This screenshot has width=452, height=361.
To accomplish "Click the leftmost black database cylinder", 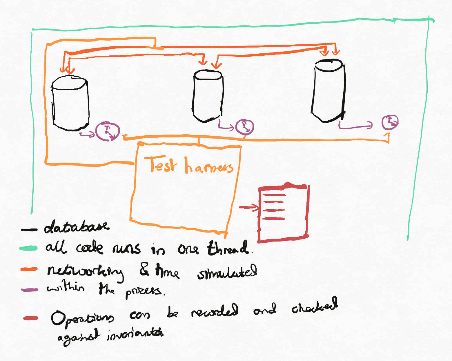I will [x=70, y=103].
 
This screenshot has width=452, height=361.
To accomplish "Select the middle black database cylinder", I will [x=208, y=96].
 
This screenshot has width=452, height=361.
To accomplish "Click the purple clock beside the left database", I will [x=108, y=131].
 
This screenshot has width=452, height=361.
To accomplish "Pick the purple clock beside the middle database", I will [x=244, y=127].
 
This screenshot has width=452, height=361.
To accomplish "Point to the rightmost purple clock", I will [x=390, y=122].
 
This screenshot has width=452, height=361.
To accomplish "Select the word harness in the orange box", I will [x=209, y=166].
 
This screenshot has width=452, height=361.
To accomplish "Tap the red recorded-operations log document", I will [x=283, y=213].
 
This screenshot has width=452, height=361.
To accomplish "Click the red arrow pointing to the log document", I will [x=248, y=207].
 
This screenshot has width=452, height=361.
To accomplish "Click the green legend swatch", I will [x=28, y=248].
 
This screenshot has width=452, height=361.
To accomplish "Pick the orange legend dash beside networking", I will [x=29, y=269].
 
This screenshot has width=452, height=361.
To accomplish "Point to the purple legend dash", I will [x=29, y=289].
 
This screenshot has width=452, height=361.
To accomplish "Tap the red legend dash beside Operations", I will [x=31, y=318].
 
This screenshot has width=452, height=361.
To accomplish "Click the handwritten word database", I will [x=77, y=227].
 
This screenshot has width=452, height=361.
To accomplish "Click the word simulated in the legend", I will [x=227, y=272].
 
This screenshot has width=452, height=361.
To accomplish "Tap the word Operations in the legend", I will [x=82, y=318].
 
